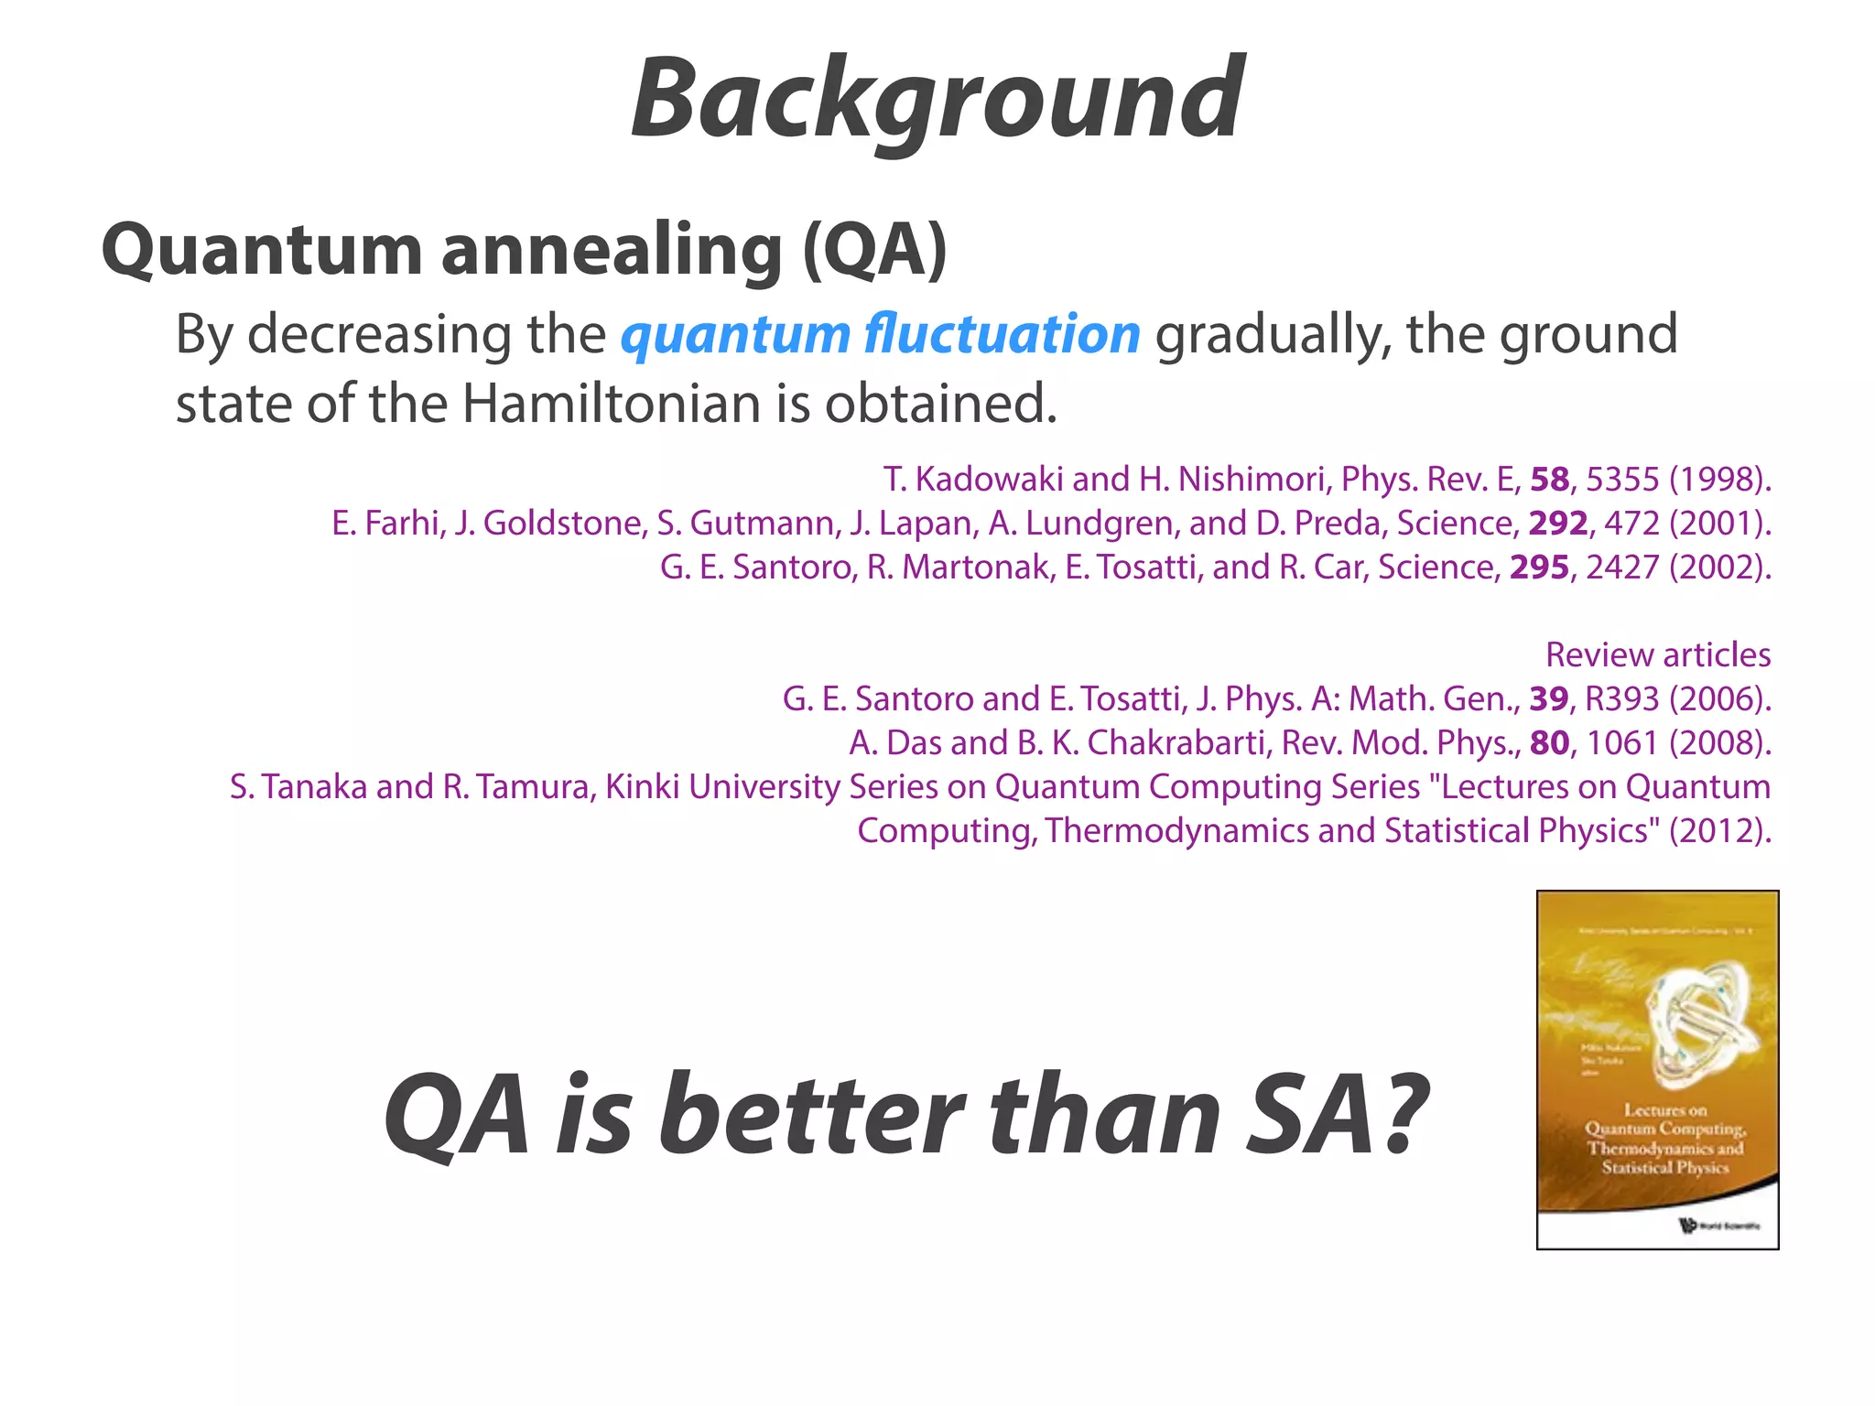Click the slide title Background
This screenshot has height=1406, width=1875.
[937, 99]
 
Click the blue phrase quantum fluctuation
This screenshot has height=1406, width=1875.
[880, 334]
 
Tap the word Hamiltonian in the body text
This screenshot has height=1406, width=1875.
[611, 403]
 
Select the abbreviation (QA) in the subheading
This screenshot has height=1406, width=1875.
[874, 249]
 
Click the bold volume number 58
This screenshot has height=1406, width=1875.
[1549, 479]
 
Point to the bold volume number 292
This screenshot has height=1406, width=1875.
[1557, 523]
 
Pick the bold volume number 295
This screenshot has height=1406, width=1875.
[1539, 567]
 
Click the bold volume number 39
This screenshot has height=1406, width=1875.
[1549, 698]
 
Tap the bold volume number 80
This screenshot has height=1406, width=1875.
[1549, 742]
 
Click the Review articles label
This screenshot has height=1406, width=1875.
[1657, 654]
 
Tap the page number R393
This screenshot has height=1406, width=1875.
[1621, 698]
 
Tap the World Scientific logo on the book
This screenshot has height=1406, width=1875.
[1686, 1225]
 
